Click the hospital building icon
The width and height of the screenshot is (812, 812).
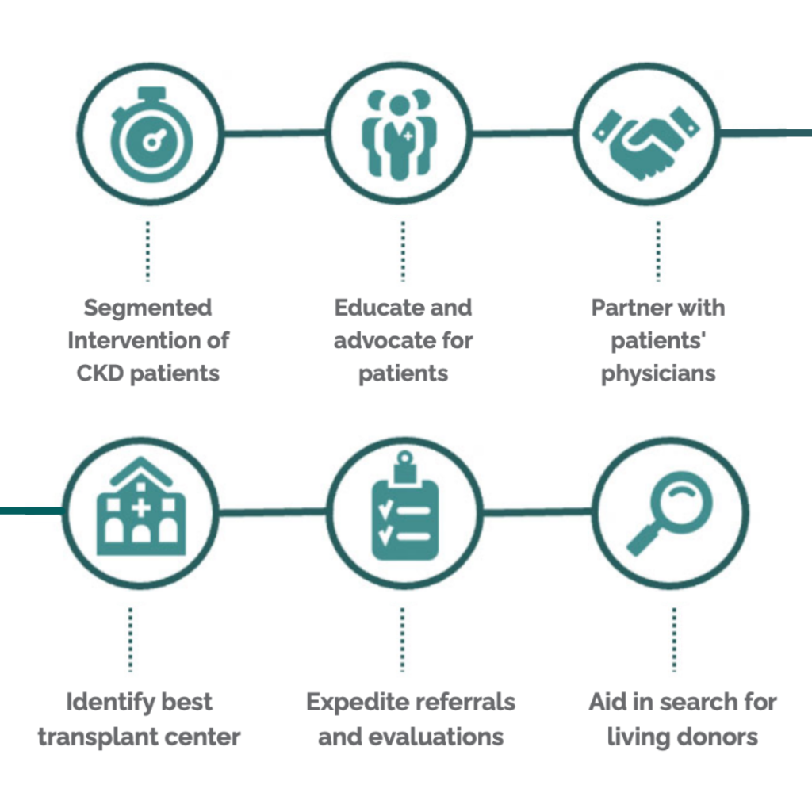pos(140,511)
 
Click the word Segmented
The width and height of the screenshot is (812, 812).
pos(148,308)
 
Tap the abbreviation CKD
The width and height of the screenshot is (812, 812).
pos(100,373)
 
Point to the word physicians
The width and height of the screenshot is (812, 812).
pos(658,373)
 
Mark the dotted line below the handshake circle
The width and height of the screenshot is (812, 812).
pos(657,251)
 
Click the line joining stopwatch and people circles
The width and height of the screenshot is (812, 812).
pos(274,134)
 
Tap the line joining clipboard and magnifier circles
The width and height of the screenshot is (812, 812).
pos(537,512)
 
